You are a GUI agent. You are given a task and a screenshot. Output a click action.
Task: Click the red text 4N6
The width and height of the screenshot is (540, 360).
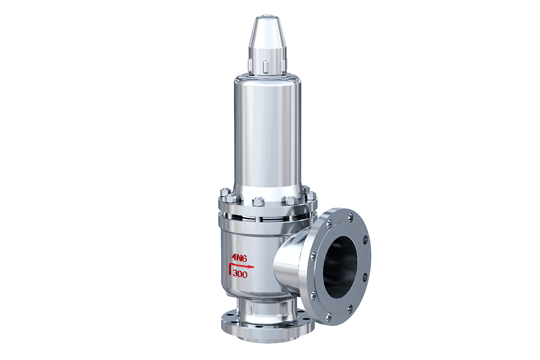239,258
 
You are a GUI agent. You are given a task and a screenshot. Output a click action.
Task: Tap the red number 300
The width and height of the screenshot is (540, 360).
240,274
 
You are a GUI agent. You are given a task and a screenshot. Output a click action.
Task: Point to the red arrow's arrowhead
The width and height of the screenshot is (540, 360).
251,267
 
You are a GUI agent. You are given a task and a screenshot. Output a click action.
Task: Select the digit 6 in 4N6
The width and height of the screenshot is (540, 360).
244,258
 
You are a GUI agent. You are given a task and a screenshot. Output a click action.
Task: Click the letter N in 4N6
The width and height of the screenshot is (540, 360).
239,258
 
